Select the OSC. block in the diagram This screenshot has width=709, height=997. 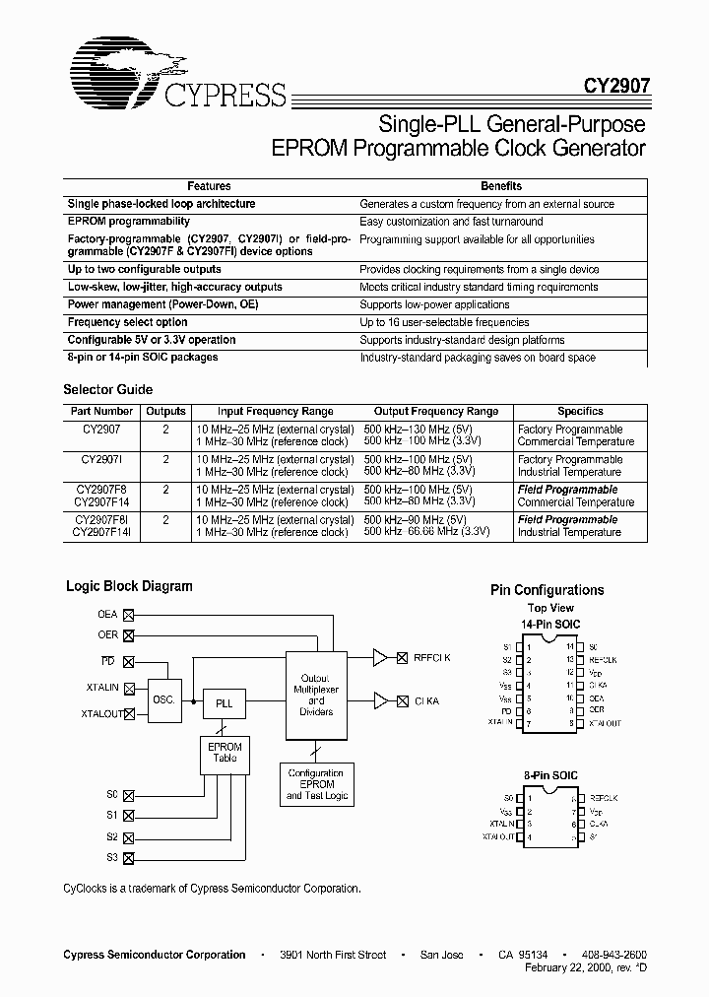(163, 698)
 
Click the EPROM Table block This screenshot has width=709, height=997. (225, 753)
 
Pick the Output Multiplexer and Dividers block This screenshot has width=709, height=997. (316, 695)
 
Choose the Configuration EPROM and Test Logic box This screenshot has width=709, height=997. (316, 784)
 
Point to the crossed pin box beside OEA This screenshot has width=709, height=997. (127, 615)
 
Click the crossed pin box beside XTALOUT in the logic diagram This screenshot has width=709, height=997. (127, 714)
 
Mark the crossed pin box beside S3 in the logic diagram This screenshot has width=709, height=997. (127, 858)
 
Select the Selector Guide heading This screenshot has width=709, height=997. (107, 390)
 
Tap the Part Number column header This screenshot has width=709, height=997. (101, 412)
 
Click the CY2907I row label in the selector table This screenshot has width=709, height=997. (101, 459)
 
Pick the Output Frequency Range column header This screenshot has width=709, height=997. (436, 412)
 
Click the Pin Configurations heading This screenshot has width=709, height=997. (547, 590)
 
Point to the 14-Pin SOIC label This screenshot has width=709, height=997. (550, 625)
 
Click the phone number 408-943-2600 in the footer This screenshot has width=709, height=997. (612, 955)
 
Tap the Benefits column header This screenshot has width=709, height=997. (501, 186)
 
